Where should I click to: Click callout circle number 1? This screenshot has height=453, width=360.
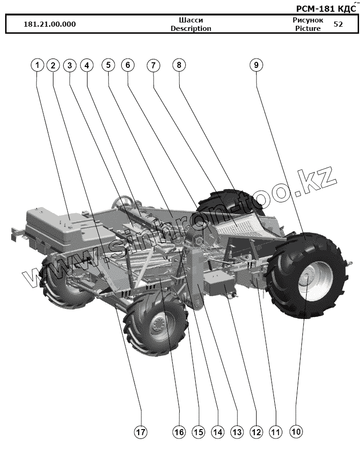click(37, 66)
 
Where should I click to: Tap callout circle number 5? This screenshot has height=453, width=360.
click(108, 66)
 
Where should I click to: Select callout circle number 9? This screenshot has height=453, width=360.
click(256, 66)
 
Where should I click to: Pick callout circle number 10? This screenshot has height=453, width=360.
click(296, 431)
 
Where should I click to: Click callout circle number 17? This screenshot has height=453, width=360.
click(141, 431)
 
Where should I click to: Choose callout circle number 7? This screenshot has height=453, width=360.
click(153, 66)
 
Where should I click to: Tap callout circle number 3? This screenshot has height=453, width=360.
click(70, 66)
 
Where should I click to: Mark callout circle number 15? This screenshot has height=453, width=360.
click(198, 431)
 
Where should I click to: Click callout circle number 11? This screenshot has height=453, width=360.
click(276, 431)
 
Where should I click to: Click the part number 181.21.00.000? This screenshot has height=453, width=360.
click(50, 24)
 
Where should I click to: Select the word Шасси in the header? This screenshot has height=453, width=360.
click(191, 20)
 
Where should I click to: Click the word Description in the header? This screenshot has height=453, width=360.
click(191, 29)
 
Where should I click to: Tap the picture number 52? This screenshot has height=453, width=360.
click(338, 24)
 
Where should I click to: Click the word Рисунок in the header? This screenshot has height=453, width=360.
click(308, 20)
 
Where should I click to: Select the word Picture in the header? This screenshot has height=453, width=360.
click(308, 29)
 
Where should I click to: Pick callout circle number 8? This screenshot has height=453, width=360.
click(178, 66)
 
